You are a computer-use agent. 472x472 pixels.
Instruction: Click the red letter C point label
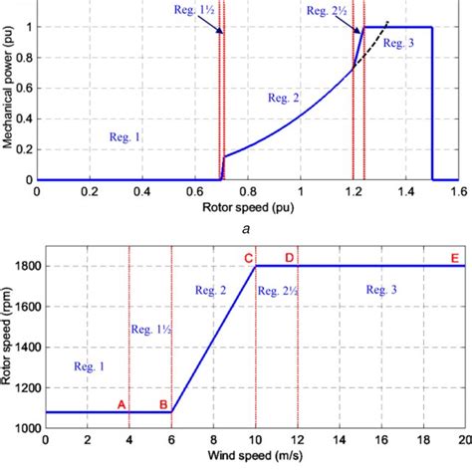[248, 258]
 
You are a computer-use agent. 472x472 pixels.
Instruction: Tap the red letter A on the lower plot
[121, 404]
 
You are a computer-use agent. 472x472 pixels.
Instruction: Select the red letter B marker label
[163, 404]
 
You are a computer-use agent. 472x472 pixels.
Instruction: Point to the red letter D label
[289, 258]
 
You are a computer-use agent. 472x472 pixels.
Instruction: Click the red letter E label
[454, 258]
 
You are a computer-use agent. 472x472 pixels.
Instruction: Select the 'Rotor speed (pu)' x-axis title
[248, 208]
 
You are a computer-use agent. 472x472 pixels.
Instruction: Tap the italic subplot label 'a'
[248, 227]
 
